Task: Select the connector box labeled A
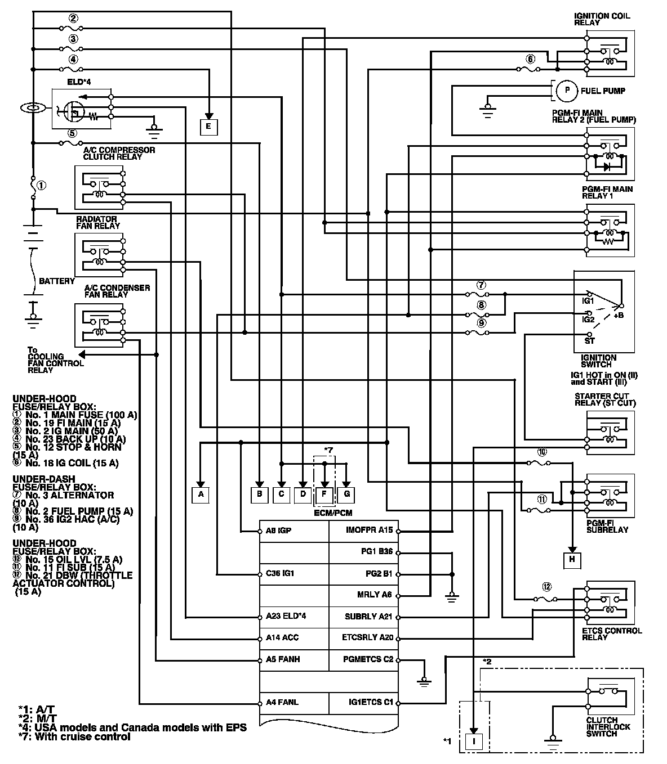click(200, 495)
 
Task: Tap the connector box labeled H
click(572, 559)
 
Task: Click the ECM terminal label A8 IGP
click(278, 531)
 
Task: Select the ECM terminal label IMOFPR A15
click(369, 531)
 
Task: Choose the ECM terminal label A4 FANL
click(282, 703)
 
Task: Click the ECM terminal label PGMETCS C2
click(368, 659)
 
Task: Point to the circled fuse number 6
click(530, 59)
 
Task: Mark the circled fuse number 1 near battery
click(41, 185)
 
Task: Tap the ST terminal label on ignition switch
click(590, 340)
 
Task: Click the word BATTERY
click(56, 281)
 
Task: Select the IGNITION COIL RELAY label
click(602, 19)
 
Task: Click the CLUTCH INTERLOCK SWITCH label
click(608, 727)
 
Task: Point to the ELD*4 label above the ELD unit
click(79, 82)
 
